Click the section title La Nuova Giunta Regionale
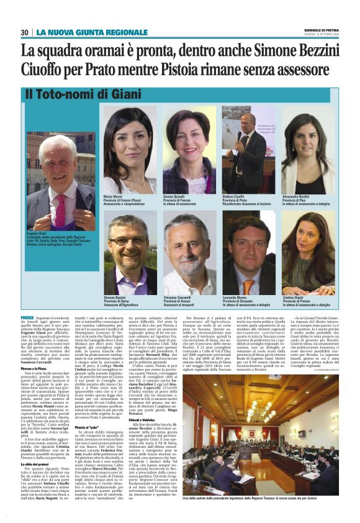(92, 32)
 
